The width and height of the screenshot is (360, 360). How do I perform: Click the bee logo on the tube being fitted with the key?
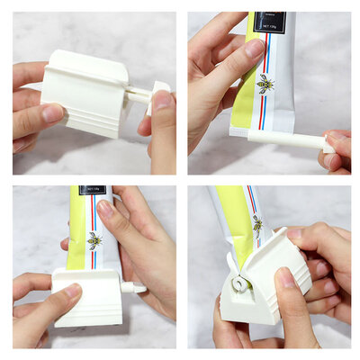click(265, 85)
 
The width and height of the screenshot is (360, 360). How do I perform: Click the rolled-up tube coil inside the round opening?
click(239, 284)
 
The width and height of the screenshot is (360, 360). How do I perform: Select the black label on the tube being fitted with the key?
click(269, 22)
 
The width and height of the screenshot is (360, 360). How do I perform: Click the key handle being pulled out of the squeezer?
click(159, 89)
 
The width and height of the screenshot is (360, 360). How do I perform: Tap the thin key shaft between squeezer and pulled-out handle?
click(138, 92)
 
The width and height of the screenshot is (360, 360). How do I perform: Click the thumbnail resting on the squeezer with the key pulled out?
click(51, 112)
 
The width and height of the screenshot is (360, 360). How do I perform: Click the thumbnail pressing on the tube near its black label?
click(255, 49)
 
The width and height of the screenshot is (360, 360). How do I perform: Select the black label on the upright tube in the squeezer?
click(91, 191)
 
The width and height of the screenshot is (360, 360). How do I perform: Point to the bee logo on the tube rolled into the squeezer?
click(258, 222)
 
